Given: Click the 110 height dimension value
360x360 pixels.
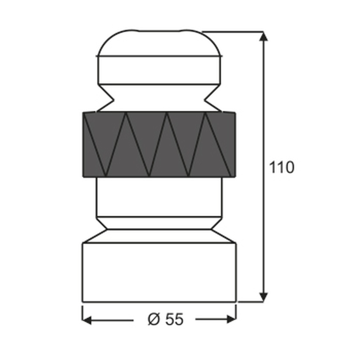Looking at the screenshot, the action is tap(281, 167).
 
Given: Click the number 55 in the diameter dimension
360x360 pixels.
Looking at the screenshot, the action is tap(175, 319).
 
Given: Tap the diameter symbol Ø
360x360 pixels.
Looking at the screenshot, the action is tap(154, 319).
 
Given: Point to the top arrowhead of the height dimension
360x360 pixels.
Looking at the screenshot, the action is tap(263, 36).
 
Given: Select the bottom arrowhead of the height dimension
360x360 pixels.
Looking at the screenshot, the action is tap(263, 297).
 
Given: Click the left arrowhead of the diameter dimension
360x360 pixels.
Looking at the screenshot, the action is tap(87, 320).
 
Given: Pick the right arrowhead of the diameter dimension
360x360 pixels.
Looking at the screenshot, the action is tap(231, 319).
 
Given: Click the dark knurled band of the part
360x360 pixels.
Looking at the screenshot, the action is tap(159, 144).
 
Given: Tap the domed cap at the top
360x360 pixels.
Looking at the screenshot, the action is tap(159, 43).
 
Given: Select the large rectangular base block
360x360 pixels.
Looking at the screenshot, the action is tap(159, 272).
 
